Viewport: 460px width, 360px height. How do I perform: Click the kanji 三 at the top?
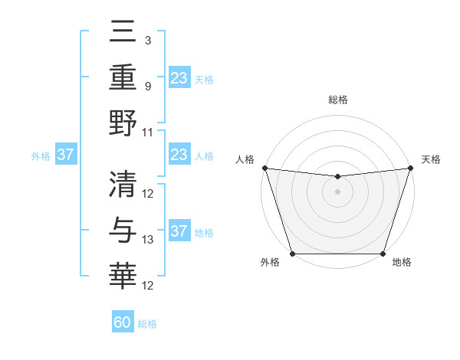coord(123,31)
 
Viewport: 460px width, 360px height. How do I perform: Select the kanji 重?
coord(123,77)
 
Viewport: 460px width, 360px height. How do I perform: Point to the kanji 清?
coord(123,184)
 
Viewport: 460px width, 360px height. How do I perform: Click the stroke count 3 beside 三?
coord(147,38)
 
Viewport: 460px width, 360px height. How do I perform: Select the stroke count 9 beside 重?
coord(147,86)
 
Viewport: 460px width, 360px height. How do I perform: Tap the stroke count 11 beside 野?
coord(148,132)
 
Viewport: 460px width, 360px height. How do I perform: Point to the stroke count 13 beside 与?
coord(148,240)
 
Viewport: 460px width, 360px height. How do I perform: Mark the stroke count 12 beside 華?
coord(148,286)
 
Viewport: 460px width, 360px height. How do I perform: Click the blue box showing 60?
coord(123,322)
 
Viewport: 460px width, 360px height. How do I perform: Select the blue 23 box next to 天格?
coord(179,78)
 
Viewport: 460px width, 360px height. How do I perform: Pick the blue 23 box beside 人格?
coord(179,155)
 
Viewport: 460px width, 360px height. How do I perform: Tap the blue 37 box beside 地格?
coord(179,232)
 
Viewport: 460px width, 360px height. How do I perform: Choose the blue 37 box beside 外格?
coord(66,155)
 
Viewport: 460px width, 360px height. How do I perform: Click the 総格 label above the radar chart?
coord(337,100)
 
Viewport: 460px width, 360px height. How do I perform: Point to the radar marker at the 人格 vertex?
coord(264,168)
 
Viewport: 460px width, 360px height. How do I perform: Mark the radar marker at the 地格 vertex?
coord(383,254)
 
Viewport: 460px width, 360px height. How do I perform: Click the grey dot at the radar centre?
coord(337,191)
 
